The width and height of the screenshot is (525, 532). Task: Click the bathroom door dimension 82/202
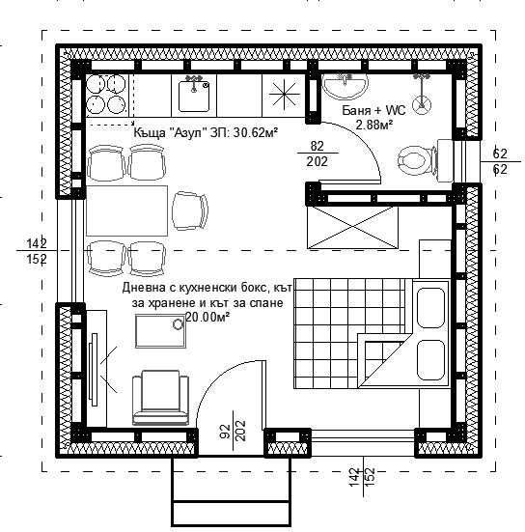[317, 154]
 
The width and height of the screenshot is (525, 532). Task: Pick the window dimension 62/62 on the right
[500, 161]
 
